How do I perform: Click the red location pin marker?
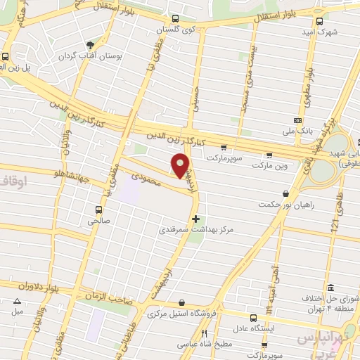click(181, 165)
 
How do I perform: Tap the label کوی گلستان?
click(176, 31)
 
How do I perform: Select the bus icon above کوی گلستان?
click(175, 19)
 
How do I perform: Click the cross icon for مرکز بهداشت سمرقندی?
click(195, 219)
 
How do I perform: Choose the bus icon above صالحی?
click(98, 210)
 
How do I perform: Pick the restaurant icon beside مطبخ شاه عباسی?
click(205, 333)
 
